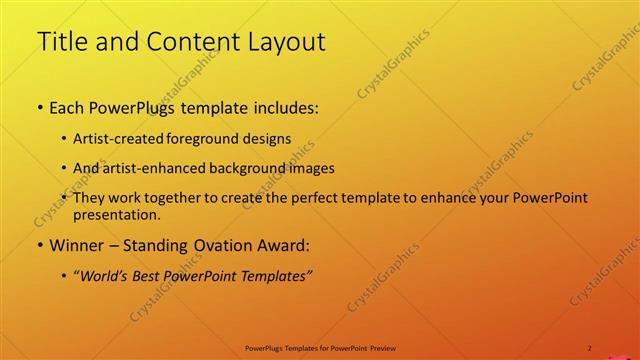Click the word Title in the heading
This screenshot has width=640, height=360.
[62, 42]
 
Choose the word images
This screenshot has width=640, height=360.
[314, 169]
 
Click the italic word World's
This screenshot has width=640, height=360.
[105, 276]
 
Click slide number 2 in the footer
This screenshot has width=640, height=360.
[590, 347]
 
